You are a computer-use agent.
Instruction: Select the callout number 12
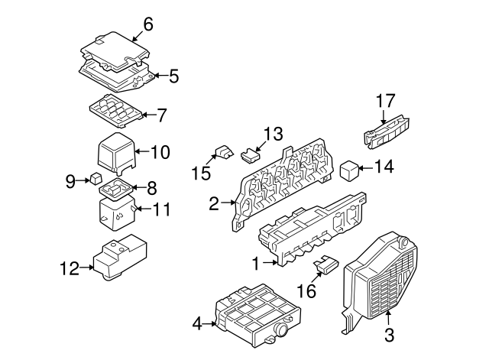pyautogui.click(x=68, y=268)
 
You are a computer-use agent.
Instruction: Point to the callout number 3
pyautogui.click(x=388, y=334)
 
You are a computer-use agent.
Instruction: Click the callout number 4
pyautogui.click(x=197, y=324)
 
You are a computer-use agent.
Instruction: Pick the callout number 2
pyautogui.click(x=214, y=203)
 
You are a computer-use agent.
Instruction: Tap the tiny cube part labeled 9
pyautogui.click(x=95, y=180)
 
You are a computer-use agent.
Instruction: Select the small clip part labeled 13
pyautogui.click(x=248, y=155)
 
